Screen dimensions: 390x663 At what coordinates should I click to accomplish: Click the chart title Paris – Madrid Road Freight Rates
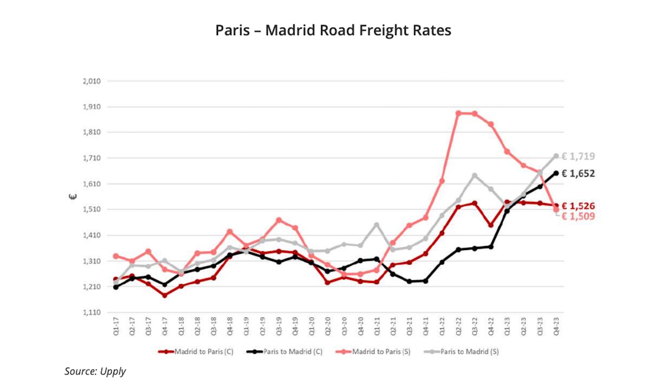(x=333, y=30)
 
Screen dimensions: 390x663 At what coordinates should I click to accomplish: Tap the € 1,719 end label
(x=578, y=156)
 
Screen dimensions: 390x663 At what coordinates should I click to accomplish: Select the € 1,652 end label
(x=578, y=174)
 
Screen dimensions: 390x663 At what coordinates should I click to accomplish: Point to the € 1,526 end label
(x=578, y=206)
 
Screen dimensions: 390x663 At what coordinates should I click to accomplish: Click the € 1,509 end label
(x=578, y=216)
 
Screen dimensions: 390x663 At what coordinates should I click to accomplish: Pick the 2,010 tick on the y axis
(x=91, y=81)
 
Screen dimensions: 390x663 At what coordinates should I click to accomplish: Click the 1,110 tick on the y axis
(x=91, y=312)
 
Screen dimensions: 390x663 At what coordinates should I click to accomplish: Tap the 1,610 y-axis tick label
(x=91, y=184)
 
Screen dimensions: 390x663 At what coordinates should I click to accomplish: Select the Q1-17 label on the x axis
(x=116, y=326)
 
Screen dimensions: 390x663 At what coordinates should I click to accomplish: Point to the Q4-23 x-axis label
(x=556, y=326)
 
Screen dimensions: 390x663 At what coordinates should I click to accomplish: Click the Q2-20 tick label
(x=328, y=326)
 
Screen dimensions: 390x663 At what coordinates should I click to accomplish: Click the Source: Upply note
(x=95, y=372)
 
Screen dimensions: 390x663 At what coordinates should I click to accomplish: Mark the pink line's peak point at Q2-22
(x=459, y=113)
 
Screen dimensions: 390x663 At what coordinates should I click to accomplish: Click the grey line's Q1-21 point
(x=377, y=225)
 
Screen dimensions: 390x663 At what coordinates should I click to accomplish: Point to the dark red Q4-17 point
(x=165, y=295)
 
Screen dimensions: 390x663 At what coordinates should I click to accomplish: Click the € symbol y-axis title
(x=73, y=197)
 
